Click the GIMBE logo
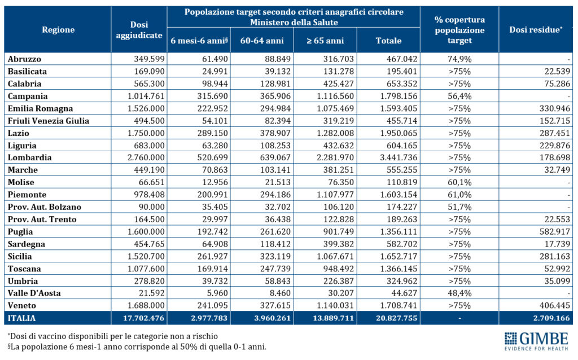coord(536,341)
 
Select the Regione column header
coord(58,30)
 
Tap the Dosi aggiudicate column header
coord(139,30)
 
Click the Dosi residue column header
coord(536,30)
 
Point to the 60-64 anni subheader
coord(262,41)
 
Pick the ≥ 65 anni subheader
coord(325,41)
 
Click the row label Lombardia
coord(29,157)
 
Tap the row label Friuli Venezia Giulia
coord(49,121)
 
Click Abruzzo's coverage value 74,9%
coord(459,59)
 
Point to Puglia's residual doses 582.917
coord(555,232)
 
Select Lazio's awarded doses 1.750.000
coord(146,133)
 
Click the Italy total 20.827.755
coord(397,318)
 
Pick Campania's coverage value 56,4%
coord(459,96)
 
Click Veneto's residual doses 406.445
coord(555,305)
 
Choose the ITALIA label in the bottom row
coord(22,318)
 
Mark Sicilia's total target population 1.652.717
coord(399,257)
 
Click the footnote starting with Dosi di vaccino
coord(113,336)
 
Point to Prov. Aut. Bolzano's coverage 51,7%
coord(459,207)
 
